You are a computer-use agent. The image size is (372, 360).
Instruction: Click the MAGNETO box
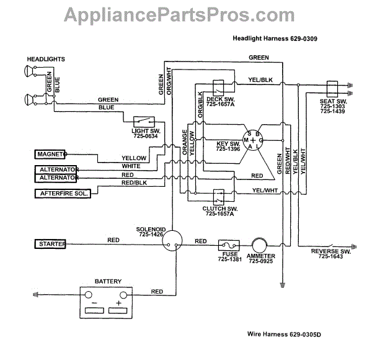50,153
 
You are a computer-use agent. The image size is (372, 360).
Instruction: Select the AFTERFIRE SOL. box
63,193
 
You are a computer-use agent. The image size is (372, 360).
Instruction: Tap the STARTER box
50,245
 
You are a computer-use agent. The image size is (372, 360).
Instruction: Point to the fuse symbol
226,245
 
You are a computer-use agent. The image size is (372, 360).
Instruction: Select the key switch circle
252,142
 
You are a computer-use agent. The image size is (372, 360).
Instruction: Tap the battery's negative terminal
95,295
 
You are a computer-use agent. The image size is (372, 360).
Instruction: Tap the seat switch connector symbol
330,87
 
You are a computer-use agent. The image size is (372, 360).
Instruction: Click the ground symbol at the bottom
283,285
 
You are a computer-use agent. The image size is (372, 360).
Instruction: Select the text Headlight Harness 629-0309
275,38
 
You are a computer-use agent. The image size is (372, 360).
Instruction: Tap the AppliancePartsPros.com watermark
186,13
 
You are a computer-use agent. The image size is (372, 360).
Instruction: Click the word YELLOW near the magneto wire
134,158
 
